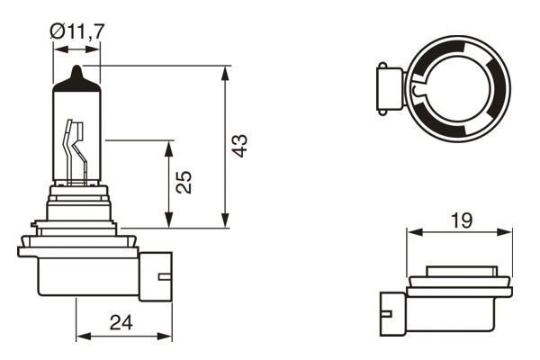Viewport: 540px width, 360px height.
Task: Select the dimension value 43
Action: [238, 147]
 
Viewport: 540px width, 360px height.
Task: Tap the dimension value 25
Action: [184, 184]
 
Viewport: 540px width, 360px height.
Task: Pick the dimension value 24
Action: [123, 321]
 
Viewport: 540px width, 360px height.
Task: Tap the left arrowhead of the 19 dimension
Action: [412, 231]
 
